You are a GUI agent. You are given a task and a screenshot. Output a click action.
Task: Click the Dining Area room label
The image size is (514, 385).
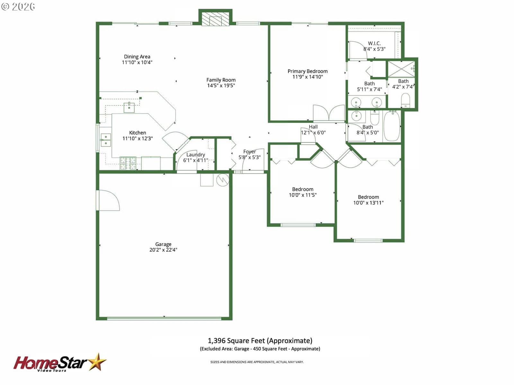(137, 56)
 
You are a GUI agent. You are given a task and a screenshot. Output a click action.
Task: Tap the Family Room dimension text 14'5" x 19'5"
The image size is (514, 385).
(221, 86)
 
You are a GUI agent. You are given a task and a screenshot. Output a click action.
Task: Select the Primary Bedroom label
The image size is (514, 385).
(307, 71)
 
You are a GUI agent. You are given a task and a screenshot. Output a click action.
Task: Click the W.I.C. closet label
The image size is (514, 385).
(374, 43)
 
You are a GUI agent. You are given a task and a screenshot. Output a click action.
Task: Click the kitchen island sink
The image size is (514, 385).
(129, 107)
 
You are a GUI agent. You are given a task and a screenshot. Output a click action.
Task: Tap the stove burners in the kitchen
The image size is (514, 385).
(128, 163)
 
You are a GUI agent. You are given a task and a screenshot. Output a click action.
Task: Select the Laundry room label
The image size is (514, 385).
(196, 155)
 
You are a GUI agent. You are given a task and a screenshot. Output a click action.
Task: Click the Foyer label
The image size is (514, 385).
(249, 152)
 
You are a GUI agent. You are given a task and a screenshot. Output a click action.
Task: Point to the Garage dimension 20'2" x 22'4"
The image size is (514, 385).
(163, 250)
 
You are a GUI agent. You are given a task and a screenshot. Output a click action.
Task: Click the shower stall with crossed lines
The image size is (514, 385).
(401, 69)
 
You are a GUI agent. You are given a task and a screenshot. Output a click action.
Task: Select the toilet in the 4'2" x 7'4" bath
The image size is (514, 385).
(406, 100)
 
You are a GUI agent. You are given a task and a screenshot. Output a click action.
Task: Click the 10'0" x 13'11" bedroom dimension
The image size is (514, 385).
(368, 203)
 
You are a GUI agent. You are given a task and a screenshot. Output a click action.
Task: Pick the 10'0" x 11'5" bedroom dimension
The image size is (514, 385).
(303, 195)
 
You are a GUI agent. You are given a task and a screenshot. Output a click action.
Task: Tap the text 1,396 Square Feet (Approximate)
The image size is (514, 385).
(260, 341)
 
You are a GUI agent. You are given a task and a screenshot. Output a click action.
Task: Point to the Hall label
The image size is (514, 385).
(313, 127)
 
